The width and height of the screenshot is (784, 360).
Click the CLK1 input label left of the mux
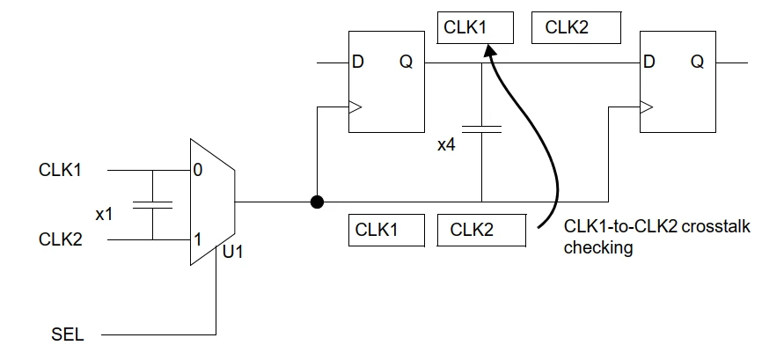pos(61,169)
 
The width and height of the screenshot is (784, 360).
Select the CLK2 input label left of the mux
pos(61,239)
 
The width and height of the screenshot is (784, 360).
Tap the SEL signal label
pos(69,334)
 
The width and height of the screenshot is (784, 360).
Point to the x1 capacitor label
pos(106,212)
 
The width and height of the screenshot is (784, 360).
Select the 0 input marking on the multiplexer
pos(198,171)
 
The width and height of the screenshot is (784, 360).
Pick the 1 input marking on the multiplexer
pos(198,239)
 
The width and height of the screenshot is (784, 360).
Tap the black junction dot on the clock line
pos(316,202)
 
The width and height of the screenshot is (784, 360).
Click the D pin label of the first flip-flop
pos(359,62)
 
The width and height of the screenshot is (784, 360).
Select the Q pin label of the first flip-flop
pos(406,62)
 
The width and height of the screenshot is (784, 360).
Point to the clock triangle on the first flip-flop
pos(355,108)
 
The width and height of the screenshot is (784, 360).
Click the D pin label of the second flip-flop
pos(649,62)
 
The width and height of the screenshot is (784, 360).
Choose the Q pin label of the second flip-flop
pos(697,62)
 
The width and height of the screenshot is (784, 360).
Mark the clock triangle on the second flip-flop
pos(646,108)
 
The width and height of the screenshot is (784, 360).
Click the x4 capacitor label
pos(446,144)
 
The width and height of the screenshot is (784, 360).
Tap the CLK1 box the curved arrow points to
pos(475,27)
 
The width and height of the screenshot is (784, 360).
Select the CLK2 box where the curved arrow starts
pos(481,230)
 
